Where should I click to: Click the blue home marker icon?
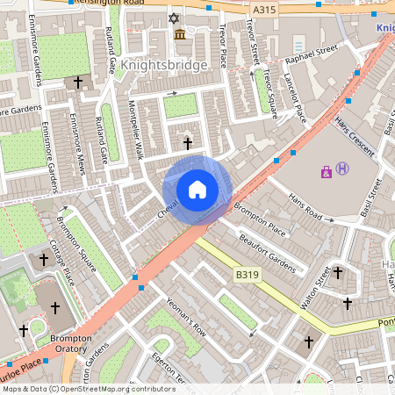click(x=197, y=190)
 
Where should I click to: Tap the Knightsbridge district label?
click(x=165, y=65)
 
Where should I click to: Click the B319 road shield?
click(x=248, y=275)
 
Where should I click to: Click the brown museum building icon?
click(x=180, y=34)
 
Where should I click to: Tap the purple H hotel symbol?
click(x=342, y=169)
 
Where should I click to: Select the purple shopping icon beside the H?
click(x=327, y=172)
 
